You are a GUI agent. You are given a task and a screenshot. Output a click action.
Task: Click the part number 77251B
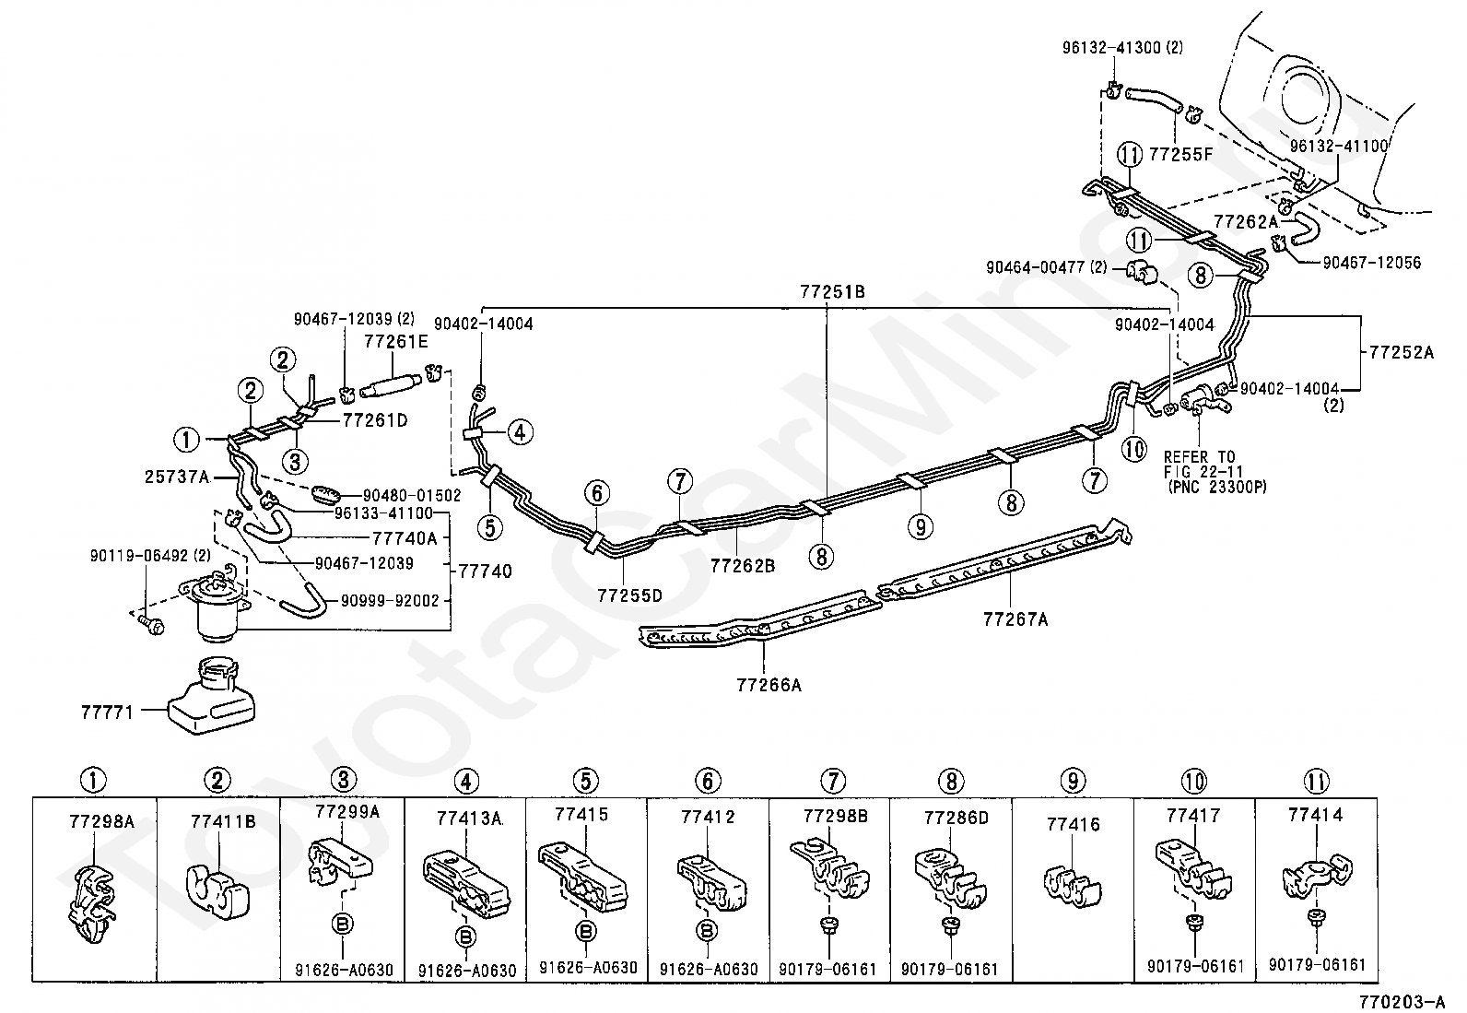point(832,291)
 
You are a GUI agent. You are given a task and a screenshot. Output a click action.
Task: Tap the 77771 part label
point(108,712)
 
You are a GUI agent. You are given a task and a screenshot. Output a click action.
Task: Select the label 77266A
point(769,685)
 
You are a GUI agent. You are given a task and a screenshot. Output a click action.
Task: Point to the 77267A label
point(1015,619)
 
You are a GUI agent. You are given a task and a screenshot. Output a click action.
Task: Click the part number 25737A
point(177,477)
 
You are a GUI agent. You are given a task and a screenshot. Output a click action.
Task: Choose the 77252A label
point(1402,352)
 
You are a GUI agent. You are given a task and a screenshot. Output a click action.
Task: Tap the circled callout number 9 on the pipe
point(921,526)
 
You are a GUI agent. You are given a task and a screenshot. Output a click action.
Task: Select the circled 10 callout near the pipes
point(1134,449)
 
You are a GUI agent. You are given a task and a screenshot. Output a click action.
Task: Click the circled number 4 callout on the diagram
point(520,432)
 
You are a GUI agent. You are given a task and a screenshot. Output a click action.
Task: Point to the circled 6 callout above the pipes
point(596,493)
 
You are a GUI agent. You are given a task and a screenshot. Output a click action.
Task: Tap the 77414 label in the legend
point(1315,815)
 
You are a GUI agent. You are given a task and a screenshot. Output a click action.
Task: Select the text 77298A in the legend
point(102,821)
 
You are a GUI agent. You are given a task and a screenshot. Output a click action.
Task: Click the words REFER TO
point(1199,456)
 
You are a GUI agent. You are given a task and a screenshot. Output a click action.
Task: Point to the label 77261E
point(396,341)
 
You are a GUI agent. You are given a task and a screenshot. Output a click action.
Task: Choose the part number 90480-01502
point(412,495)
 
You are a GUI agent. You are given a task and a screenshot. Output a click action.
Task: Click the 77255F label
point(1181,154)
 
